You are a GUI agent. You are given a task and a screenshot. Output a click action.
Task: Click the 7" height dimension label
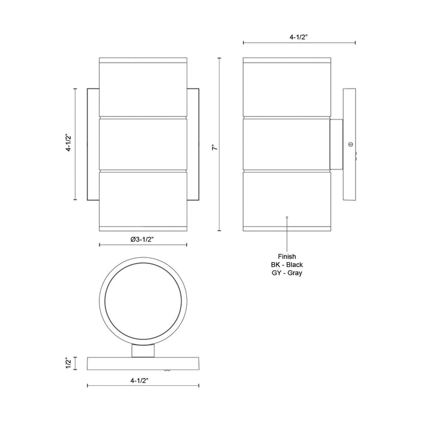pyautogui.click(x=212, y=145)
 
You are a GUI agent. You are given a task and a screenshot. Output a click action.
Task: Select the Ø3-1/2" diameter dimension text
pyautogui.click(x=143, y=239)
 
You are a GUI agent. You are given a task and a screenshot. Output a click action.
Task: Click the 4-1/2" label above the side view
pyautogui.click(x=299, y=37)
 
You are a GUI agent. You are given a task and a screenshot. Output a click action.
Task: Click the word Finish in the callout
pyautogui.click(x=287, y=256)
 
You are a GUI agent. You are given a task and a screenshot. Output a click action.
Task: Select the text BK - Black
pyautogui.click(x=287, y=265)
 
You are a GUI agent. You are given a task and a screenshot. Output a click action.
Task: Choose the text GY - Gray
pyautogui.click(x=287, y=273)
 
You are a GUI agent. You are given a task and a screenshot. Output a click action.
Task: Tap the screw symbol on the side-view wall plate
pyautogui.click(x=350, y=145)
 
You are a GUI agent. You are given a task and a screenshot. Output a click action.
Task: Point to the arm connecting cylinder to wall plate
pyautogui.click(x=336, y=145)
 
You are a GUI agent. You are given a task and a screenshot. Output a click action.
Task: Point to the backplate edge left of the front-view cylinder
pyautogui.click(x=93, y=145)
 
